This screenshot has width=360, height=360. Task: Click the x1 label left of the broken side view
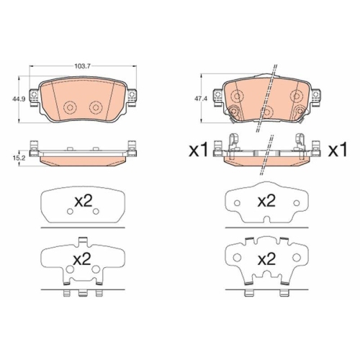[x=198, y=150]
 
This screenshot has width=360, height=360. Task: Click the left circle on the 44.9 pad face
[x=70, y=107]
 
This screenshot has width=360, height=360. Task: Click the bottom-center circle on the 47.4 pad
[x=267, y=112]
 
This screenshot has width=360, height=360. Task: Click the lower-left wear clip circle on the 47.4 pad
[x=238, y=110]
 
